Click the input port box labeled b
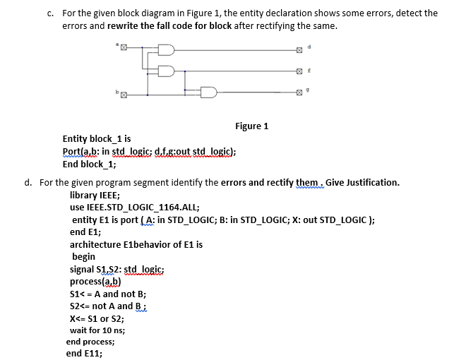(121, 92)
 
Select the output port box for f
(299, 71)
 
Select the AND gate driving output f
(167, 71)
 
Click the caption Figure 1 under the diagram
(251, 126)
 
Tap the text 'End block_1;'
(89, 164)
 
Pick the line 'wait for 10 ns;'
(97, 330)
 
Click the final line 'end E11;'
(84, 354)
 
